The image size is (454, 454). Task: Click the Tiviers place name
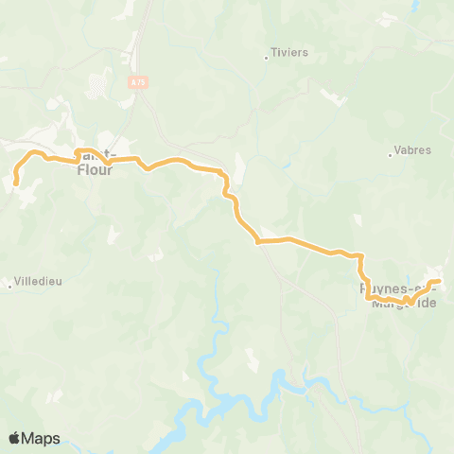[290, 53]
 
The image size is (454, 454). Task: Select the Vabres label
[412, 149]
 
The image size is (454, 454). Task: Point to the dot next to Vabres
[391, 153]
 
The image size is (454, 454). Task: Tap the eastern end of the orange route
[440, 281]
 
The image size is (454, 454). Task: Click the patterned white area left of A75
[97, 87]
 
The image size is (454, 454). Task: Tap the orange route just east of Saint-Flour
[128, 160]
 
